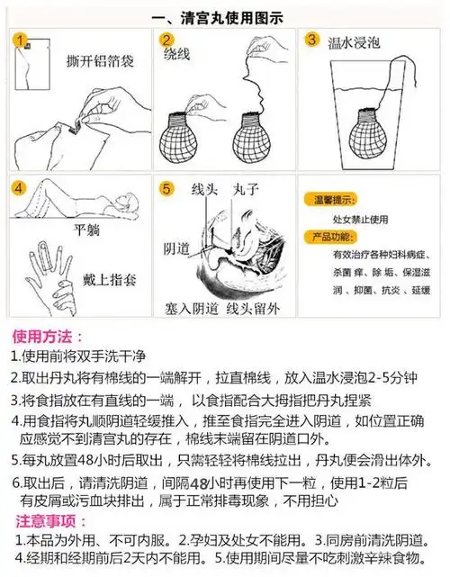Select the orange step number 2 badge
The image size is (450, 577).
pos(166,41)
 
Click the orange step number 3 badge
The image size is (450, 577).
pos(312,40)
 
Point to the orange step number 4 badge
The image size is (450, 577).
pos(20,190)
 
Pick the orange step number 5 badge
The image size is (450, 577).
pos(166,190)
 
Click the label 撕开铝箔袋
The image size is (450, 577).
pos(102,61)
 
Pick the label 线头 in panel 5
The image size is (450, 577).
pos(206,191)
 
